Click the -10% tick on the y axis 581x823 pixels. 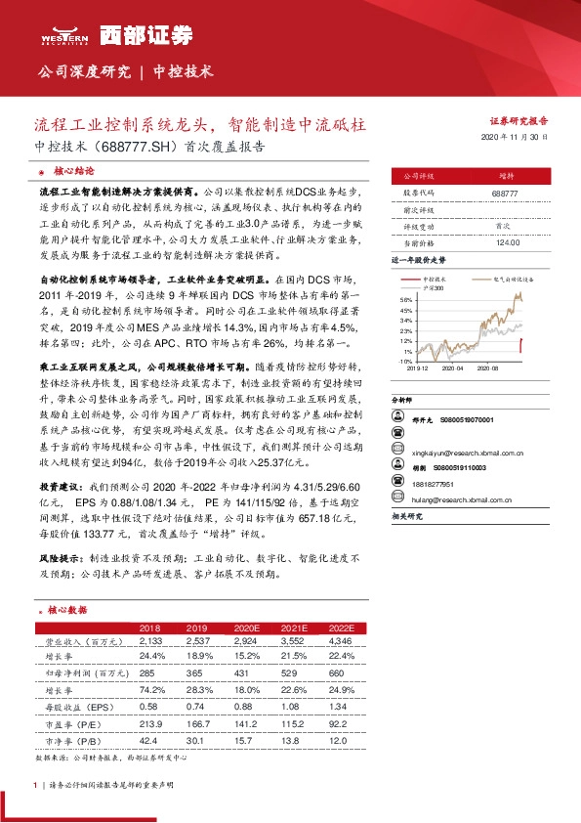coord(405,361)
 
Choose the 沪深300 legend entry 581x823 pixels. coord(433,287)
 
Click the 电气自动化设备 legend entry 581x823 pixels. coord(499,280)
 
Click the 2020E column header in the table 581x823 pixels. coord(247,627)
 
